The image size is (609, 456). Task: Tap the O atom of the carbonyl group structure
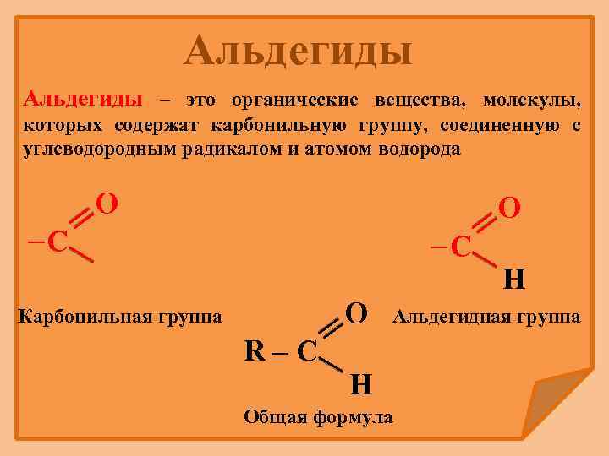pos(107,204)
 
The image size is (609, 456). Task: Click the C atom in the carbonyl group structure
pos(58,242)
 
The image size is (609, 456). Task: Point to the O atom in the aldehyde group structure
pos(510,207)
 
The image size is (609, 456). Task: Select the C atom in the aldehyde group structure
pos(460,246)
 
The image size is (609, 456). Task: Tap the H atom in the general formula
pos(360,385)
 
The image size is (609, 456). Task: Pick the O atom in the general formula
pos(357,313)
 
